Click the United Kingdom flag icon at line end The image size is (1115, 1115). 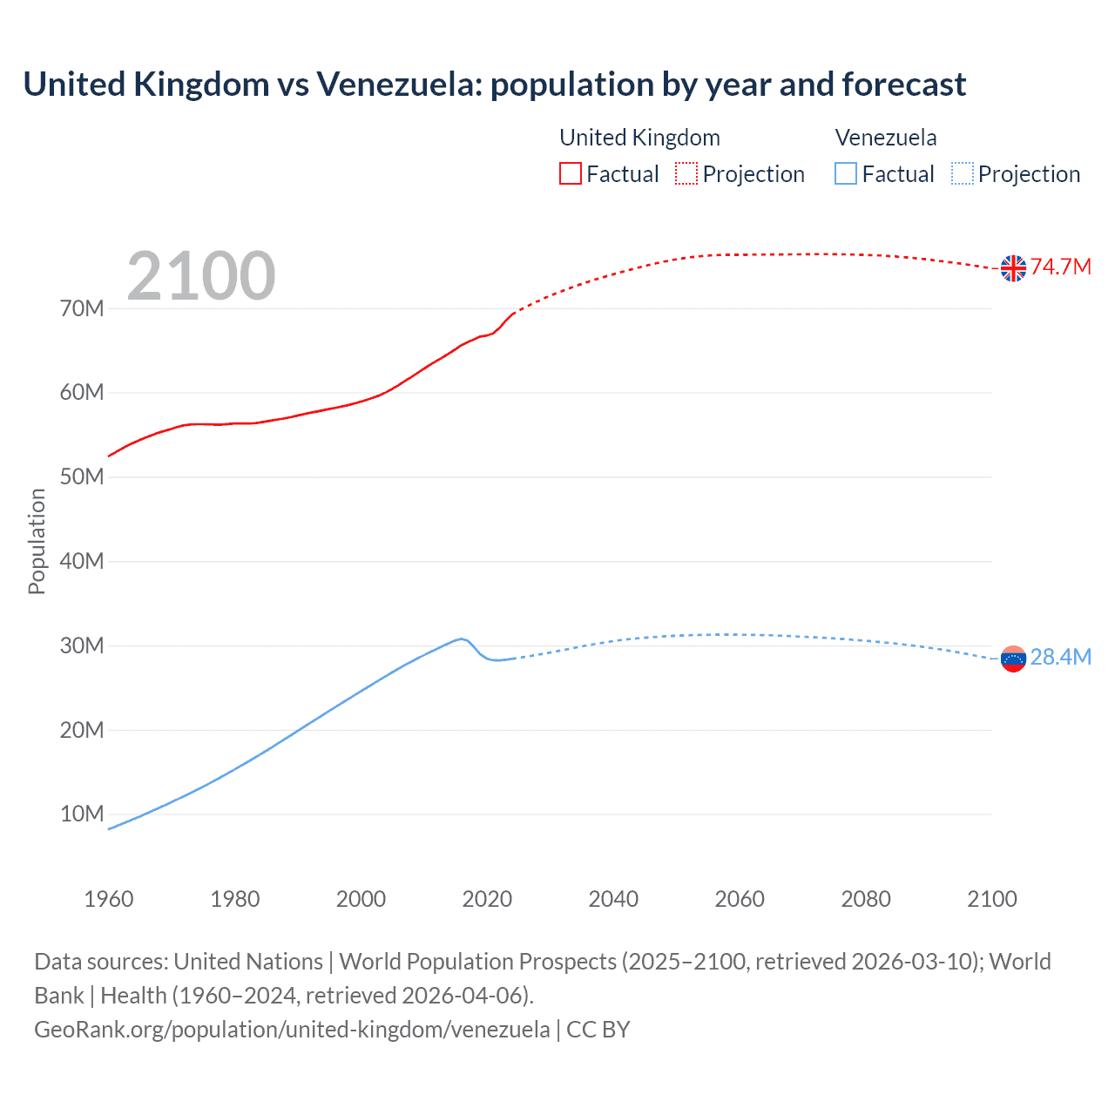(x=1013, y=268)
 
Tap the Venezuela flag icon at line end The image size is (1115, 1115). (x=1013, y=659)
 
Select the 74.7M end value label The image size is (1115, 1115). (x=1061, y=267)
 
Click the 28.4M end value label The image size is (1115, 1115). (x=1061, y=657)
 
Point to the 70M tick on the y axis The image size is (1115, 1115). (x=82, y=308)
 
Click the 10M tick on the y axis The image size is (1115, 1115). (x=82, y=814)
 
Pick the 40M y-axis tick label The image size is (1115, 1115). (x=82, y=561)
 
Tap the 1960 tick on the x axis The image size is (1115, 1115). (x=109, y=899)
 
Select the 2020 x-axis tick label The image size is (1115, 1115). (x=487, y=899)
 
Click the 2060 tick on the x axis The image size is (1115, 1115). (x=740, y=899)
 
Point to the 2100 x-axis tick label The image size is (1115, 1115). (x=991, y=899)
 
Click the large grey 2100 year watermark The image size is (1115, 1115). (x=201, y=276)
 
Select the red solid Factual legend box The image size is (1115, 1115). (x=571, y=173)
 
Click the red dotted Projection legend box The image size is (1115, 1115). (x=686, y=173)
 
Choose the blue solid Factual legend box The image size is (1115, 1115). (x=846, y=173)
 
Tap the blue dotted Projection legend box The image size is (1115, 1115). (x=963, y=173)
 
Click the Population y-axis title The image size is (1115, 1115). (x=37, y=541)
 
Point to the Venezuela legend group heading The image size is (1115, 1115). (x=886, y=138)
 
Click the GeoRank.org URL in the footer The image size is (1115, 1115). (x=292, y=1030)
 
